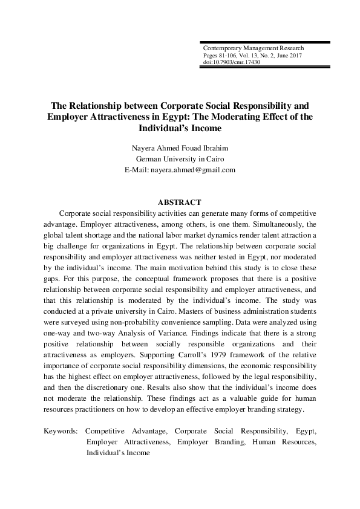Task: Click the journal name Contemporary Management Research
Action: click(x=254, y=48)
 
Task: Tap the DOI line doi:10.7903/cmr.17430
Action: click(x=232, y=62)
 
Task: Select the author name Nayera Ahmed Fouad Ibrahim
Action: click(x=180, y=148)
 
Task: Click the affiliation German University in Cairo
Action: click(x=180, y=159)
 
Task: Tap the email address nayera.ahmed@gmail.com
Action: click(x=201, y=170)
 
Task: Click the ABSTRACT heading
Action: click(x=179, y=203)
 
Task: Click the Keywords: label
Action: click(x=61, y=432)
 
